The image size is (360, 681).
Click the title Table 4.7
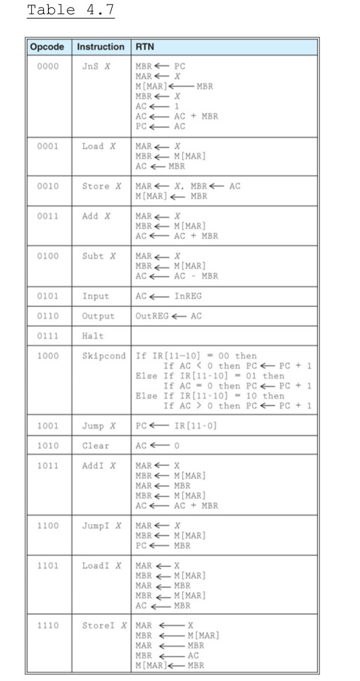tap(70, 11)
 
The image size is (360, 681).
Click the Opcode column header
tap(47, 47)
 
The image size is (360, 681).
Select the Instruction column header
tap(101, 47)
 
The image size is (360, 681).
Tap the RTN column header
tap(145, 47)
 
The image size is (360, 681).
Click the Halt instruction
tap(92, 335)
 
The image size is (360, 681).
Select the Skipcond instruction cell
tap(104, 356)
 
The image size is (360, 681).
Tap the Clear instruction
tap(95, 445)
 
